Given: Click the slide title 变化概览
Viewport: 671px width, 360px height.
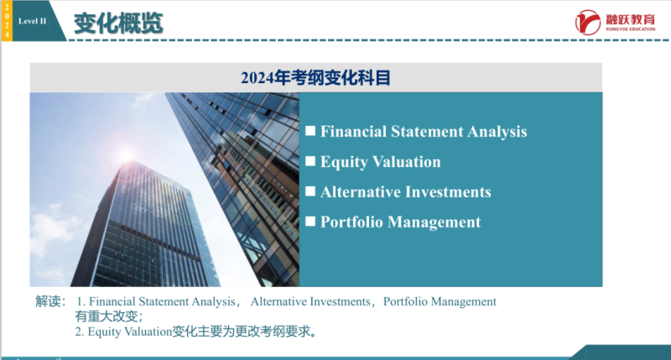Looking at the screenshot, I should click(117, 23).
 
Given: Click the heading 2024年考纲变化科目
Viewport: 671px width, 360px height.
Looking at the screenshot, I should click(315, 78).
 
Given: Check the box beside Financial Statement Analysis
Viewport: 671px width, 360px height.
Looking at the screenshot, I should click(310, 131).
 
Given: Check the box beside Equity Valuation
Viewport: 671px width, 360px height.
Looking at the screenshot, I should click(310, 161).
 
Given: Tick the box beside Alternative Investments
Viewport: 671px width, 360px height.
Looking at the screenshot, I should click(310, 191).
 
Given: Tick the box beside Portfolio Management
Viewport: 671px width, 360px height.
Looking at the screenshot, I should click(310, 222).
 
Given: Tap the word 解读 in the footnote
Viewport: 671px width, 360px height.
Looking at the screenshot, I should click(49, 301).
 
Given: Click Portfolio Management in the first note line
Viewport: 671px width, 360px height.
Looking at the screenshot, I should click(440, 301).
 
